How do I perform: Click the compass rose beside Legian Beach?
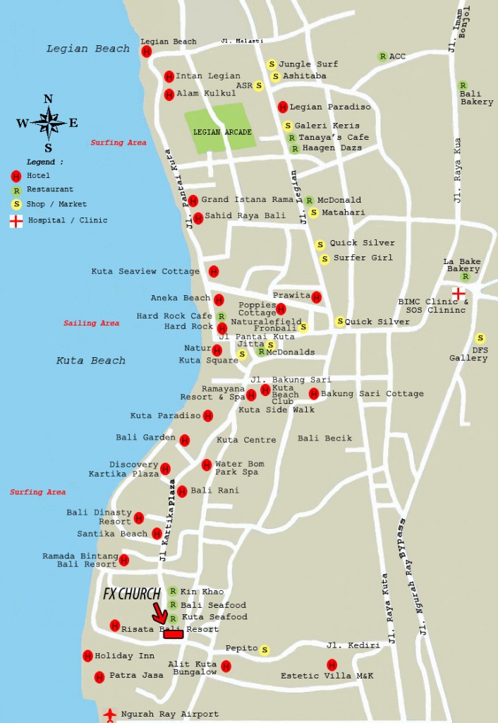click(x=48, y=124)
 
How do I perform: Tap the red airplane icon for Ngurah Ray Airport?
click(x=110, y=714)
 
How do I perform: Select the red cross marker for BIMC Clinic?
click(x=458, y=292)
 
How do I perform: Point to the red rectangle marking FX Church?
click(x=174, y=634)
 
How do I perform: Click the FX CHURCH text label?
click(x=132, y=594)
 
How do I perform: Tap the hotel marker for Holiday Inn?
click(x=87, y=656)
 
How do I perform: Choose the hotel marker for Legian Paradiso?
click(x=282, y=107)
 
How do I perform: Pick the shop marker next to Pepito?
click(x=265, y=650)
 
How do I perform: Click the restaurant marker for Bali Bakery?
click(x=463, y=85)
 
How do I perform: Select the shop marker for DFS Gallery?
click(x=480, y=338)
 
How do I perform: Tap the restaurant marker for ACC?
click(x=382, y=56)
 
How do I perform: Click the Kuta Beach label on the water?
click(x=90, y=361)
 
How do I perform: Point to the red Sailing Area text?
click(x=91, y=323)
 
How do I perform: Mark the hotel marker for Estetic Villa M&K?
click(x=332, y=664)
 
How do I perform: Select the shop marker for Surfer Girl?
click(x=324, y=259)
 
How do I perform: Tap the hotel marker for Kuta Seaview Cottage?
click(x=214, y=271)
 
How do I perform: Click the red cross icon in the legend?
click(x=16, y=221)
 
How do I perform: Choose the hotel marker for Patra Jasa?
click(x=99, y=676)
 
